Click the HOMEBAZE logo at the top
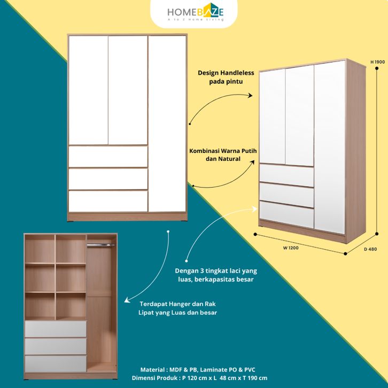pyautogui.click(x=194, y=11)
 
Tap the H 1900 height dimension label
pyautogui.click(x=377, y=62)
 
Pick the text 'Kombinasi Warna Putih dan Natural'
pyautogui.click(x=223, y=155)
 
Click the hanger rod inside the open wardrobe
pyautogui.click(x=101, y=245)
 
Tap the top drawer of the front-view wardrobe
pyautogui.click(x=108, y=157)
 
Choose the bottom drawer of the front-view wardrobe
pyautogui.click(x=108, y=201)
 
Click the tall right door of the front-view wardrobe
pyautogui.click(x=167, y=124)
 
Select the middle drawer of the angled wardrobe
pyautogui.click(x=286, y=195)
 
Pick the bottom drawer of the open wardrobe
pyautogui.click(x=56, y=363)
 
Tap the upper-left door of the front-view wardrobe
pyautogui.click(x=88, y=90)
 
